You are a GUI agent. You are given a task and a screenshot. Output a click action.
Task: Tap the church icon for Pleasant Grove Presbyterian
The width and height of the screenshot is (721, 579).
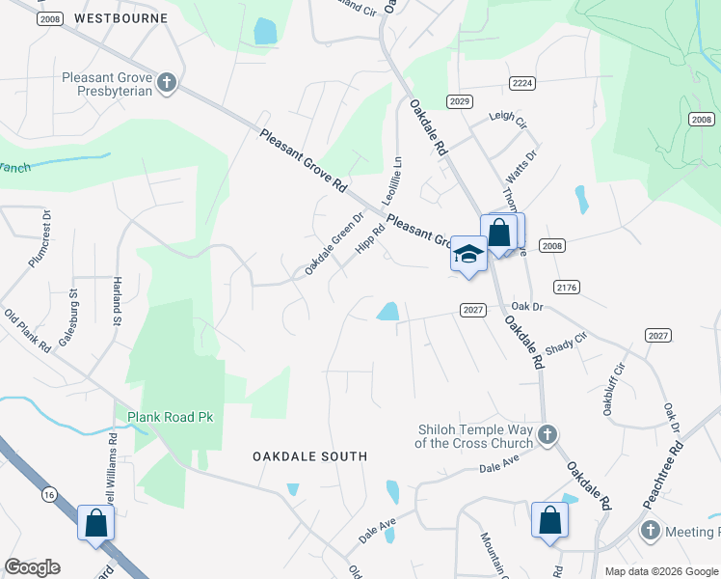[167, 82]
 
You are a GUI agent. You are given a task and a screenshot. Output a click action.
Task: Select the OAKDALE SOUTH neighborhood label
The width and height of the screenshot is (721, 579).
[310, 455]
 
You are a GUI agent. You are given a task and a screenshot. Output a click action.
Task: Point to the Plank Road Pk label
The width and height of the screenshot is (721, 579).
[170, 417]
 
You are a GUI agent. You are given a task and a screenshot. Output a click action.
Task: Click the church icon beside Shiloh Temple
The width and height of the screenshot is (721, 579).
[547, 433]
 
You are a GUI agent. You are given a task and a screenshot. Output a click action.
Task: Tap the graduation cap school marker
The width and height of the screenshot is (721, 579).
[468, 254]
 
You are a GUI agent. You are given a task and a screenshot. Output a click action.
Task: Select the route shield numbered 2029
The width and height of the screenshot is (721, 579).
[459, 101]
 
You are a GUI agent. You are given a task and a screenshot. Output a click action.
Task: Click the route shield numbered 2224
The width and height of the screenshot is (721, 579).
[522, 84]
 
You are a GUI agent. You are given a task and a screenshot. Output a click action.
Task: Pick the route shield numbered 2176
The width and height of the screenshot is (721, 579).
[567, 287]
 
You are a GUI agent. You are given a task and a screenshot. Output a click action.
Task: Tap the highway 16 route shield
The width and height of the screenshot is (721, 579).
[48, 494]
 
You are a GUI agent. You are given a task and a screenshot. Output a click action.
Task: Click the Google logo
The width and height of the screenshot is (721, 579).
[32, 567]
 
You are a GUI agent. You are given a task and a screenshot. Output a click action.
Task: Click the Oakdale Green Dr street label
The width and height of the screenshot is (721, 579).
[333, 244]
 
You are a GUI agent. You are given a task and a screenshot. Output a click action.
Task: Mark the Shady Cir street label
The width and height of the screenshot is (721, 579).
[566, 343]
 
